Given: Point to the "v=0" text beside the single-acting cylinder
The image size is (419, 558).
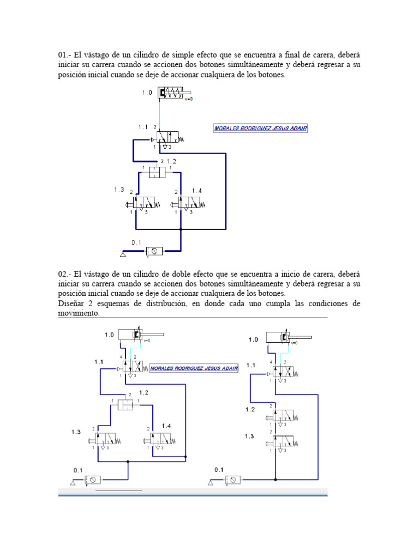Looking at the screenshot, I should coord(189,99).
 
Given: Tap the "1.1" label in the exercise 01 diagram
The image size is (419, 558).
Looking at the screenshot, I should coord(142,126).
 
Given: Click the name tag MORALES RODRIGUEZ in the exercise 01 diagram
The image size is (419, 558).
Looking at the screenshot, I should coord(264,129).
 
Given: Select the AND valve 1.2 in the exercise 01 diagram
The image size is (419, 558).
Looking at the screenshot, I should coord(157,172).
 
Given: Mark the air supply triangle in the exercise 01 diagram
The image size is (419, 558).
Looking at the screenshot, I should coord(124,254).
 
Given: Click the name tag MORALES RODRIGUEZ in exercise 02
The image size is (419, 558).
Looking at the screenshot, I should coord(193,367).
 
